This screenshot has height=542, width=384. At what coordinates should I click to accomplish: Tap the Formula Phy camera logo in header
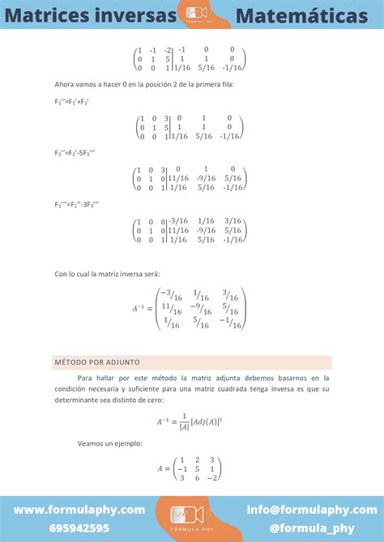pos(197,13)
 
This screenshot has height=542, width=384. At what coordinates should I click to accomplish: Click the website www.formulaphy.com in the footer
pos(79,510)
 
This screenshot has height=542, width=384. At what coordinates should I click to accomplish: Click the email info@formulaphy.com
pos(312,510)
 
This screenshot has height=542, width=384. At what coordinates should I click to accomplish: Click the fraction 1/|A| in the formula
pos(183,421)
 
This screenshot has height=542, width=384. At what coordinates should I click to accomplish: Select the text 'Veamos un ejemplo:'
pos(109,443)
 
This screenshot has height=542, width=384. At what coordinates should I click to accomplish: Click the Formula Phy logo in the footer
pos(192,517)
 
